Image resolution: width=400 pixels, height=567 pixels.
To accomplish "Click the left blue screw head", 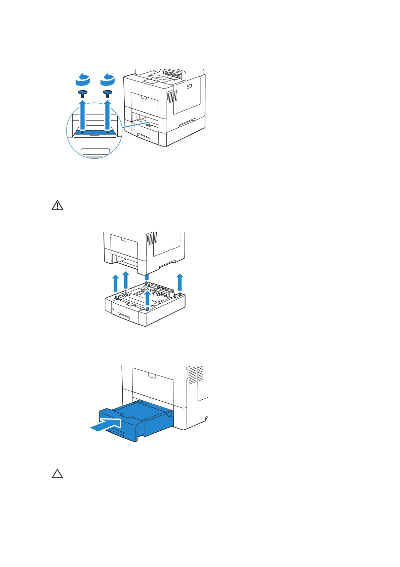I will [83, 93].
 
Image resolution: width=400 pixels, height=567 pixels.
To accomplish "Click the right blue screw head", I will [108, 92].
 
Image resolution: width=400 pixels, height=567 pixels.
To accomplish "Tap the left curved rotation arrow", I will [83, 80].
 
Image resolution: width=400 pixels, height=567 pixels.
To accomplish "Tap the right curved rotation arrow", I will [108, 80].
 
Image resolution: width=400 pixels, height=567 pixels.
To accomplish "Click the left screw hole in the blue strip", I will [83, 132].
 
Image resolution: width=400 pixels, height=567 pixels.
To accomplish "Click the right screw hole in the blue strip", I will [108, 132].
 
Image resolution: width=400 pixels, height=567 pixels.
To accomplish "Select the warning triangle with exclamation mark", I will [57, 205].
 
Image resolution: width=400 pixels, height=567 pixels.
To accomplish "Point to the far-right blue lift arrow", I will [180, 282].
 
